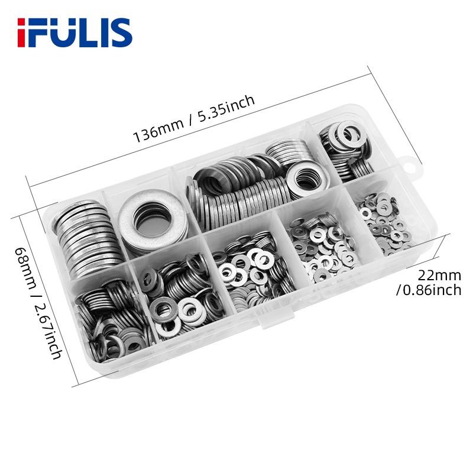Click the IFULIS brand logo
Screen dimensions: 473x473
click(x=75, y=33)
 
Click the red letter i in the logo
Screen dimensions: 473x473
click(x=22, y=33)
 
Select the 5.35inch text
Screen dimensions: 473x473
click(x=226, y=108)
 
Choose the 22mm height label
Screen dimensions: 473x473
click(x=439, y=275)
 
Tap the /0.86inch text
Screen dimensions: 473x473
click(x=429, y=290)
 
